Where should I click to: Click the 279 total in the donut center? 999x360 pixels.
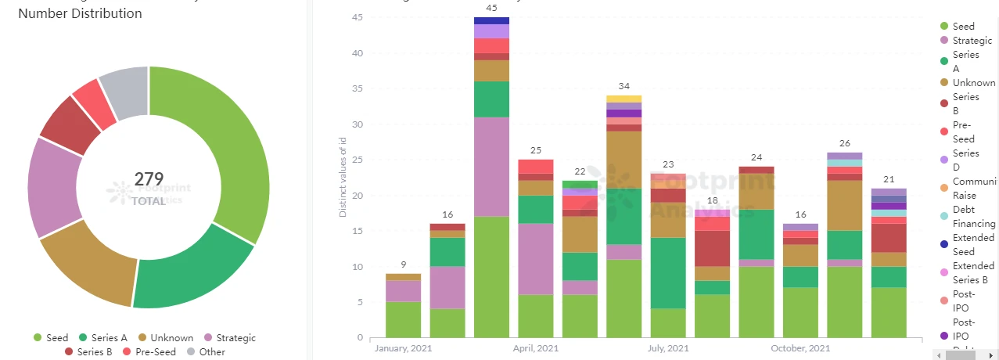pos(149,179)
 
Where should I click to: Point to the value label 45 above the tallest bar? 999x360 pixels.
pos(491,9)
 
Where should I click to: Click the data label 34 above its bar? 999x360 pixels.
pos(623,86)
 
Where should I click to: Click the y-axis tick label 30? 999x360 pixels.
pos(358,124)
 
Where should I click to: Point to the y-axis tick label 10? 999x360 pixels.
pos(358,267)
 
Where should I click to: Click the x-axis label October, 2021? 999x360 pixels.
pos(800,348)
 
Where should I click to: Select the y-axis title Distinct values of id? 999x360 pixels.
pos(342,177)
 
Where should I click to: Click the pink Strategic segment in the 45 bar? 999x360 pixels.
pos(491,167)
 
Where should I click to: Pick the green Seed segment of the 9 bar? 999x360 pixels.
pos(403,319)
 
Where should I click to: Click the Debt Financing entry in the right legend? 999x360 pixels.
pos(974,216)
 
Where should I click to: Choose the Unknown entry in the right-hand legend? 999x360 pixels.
pos(974,83)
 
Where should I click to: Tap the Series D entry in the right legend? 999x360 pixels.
pos(966,160)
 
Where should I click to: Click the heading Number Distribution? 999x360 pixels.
pos(80,14)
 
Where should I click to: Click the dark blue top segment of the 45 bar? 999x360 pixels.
pos(491,20)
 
